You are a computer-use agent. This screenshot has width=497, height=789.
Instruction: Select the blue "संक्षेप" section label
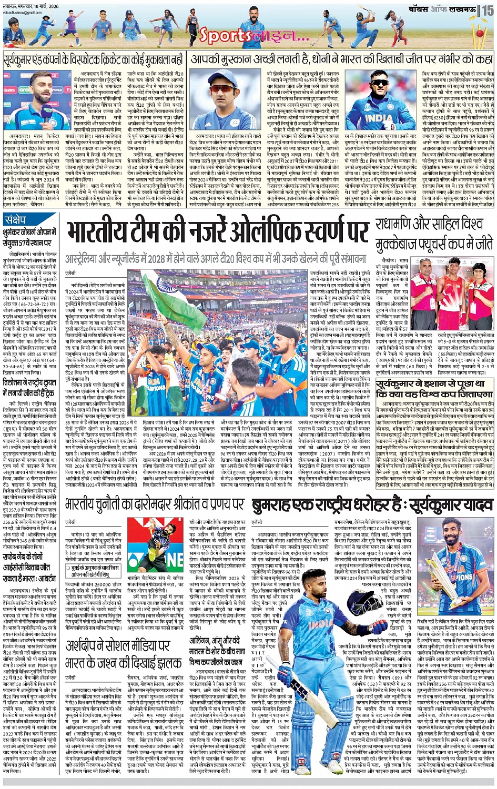pos(16,219)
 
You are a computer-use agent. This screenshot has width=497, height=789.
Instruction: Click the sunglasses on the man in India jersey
pos(378,83)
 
